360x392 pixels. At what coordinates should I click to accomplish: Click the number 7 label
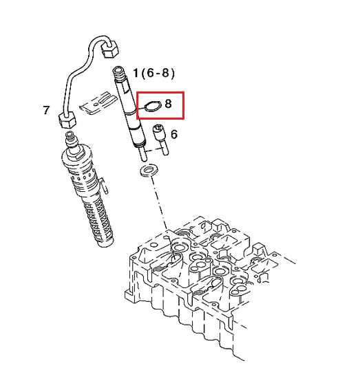click(46, 110)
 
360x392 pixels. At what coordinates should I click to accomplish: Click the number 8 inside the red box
click(168, 103)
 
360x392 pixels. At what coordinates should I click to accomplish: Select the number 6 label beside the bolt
click(174, 134)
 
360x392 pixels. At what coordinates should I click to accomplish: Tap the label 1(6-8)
click(154, 73)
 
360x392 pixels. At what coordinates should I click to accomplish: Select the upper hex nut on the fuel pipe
click(109, 49)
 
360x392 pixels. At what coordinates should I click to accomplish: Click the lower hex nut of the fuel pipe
click(67, 120)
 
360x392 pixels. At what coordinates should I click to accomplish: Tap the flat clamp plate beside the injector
click(98, 103)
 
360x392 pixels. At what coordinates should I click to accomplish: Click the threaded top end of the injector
click(118, 73)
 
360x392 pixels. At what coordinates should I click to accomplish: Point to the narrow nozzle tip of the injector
click(142, 154)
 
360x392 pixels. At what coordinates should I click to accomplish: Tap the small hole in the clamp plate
click(96, 104)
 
